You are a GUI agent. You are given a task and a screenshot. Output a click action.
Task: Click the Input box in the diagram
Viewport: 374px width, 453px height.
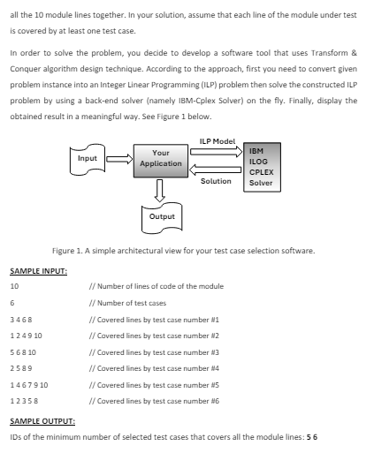coord(88,160)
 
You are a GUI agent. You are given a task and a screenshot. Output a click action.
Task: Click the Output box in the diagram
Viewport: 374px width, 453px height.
coord(162,215)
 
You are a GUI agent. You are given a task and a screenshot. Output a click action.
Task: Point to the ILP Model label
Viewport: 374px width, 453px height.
coord(217,141)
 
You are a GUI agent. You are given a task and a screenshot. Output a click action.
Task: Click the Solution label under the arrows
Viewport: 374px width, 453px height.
coord(217,181)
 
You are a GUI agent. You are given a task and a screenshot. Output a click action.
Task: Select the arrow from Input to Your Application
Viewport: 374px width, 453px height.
coord(118,161)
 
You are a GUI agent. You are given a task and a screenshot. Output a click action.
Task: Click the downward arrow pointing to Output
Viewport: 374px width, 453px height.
coord(161,189)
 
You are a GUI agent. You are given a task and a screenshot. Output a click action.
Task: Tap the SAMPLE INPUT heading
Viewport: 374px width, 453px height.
coord(38,271)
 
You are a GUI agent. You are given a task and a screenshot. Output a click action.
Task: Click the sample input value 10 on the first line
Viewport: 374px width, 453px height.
coord(14,287)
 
